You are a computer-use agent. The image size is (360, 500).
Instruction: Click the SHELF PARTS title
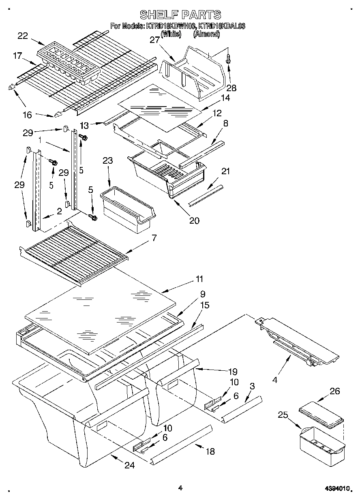(x=180, y=15)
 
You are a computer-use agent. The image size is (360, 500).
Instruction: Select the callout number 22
(x=23, y=36)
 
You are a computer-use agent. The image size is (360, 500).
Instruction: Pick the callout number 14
(x=225, y=98)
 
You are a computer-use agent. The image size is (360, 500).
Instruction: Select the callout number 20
(x=194, y=220)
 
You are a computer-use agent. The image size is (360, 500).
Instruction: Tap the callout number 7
(x=154, y=238)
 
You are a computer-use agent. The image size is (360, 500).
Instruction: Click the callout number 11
(x=199, y=279)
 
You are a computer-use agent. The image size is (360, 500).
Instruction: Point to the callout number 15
(x=205, y=305)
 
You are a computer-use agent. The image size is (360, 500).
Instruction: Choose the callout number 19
(x=233, y=371)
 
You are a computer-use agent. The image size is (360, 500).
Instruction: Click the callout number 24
(x=129, y=466)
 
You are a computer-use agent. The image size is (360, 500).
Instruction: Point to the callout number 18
(x=210, y=451)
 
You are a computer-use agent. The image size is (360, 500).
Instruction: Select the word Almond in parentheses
(x=207, y=34)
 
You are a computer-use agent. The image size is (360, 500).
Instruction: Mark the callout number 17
(x=17, y=56)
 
